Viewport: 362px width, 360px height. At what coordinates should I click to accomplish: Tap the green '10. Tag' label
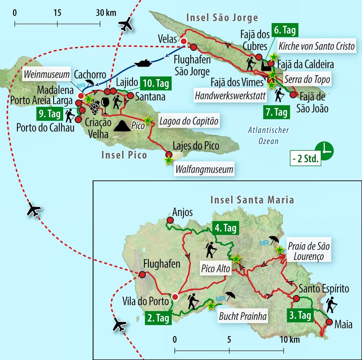pyautogui.click(x=156, y=84)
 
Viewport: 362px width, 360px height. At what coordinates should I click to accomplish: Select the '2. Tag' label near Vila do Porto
pyautogui.click(x=158, y=318)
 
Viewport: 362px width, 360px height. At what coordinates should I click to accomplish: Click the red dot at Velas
pyautogui.click(x=184, y=41)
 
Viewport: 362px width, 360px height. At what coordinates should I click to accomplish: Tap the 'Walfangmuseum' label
pyautogui.click(x=204, y=169)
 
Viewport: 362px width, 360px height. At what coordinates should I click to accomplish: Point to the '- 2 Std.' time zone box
pyautogui.click(x=306, y=159)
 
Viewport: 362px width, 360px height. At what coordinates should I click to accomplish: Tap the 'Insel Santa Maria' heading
pyautogui.click(x=252, y=200)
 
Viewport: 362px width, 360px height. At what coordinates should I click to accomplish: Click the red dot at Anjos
pyautogui.click(x=169, y=220)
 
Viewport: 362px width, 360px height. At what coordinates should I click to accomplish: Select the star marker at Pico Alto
pyautogui.click(x=236, y=258)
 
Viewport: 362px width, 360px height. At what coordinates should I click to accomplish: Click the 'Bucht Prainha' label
pyautogui.click(x=243, y=317)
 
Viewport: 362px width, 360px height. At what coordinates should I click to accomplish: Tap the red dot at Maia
pyautogui.click(x=329, y=322)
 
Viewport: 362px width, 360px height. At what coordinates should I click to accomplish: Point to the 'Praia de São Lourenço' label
pyautogui.click(x=308, y=252)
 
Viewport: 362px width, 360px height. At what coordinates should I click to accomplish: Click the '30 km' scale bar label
pyautogui.click(x=106, y=13)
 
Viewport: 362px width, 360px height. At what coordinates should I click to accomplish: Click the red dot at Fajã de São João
pyautogui.click(x=292, y=95)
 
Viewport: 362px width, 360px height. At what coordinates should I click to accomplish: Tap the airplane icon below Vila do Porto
pyautogui.click(x=119, y=325)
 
